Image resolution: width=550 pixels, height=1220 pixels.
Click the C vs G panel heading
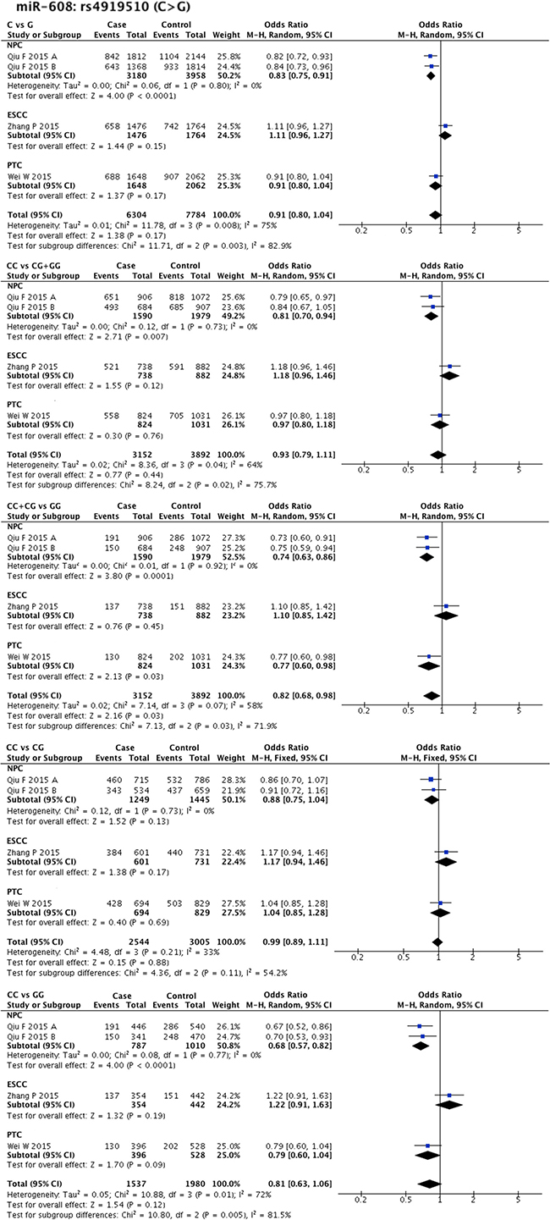(19, 25)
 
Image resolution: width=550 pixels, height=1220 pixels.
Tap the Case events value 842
(112, 57)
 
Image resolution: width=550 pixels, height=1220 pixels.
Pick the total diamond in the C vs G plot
(435, 214)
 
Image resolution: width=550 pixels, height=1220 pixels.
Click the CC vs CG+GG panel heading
(34, 266)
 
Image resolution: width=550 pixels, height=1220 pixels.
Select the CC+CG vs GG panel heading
(34, 506)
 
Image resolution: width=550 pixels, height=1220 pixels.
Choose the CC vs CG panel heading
(25, 748)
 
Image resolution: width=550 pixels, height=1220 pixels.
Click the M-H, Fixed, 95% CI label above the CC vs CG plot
(438, 758)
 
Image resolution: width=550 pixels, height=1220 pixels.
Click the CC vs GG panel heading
(25, 995)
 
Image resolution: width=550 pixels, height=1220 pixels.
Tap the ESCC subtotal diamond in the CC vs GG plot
(448, 1105)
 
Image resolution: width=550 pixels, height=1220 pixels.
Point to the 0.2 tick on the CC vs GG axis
(360, 1200)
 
